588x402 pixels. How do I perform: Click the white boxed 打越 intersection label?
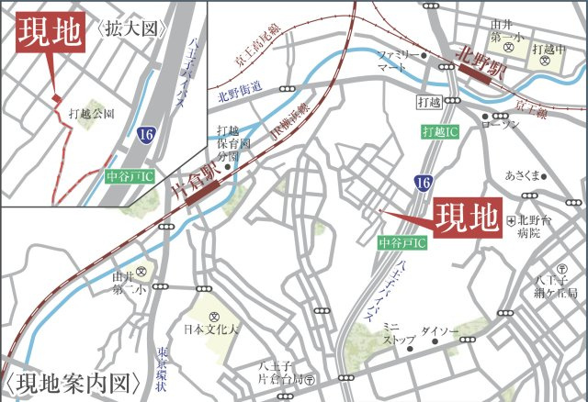pyautogui.click(x=429, y=100)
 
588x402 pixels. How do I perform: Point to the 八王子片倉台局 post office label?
pyautogui.click(x=280, y=371)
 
